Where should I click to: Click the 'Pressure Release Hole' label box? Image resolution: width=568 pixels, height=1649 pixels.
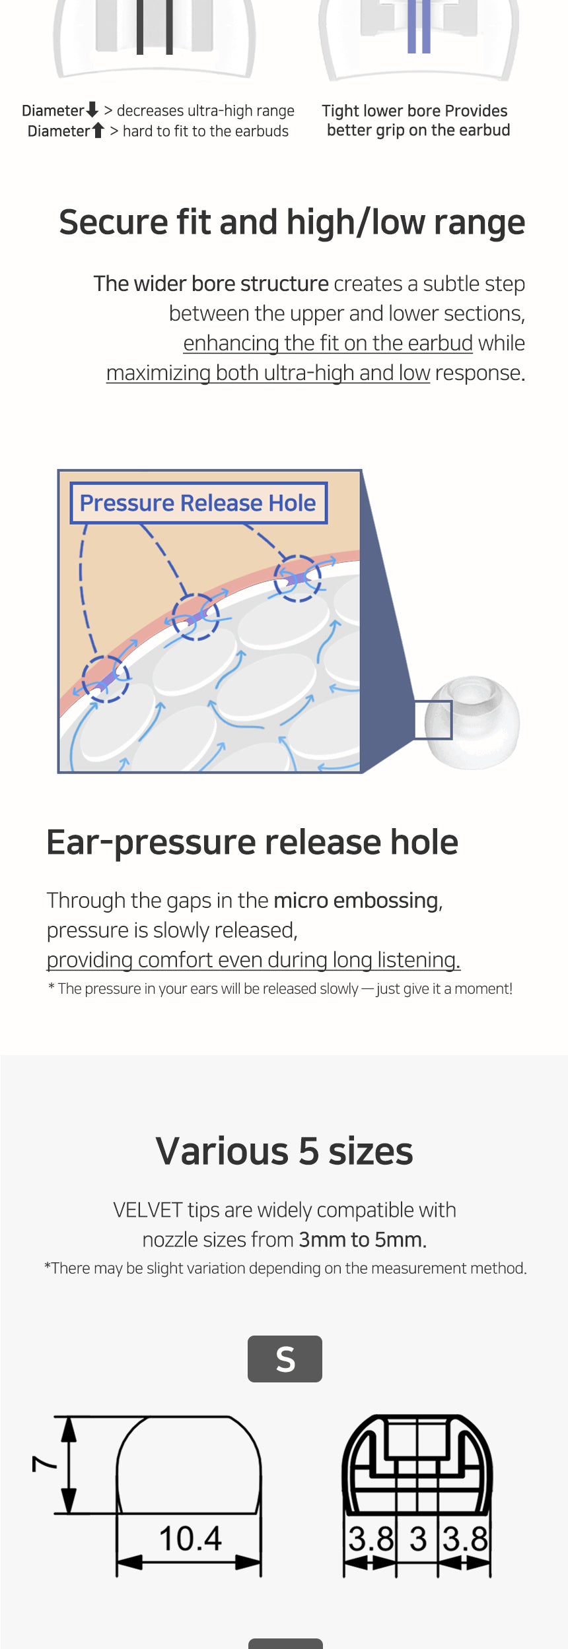pyautogui.click(x=198, y=503)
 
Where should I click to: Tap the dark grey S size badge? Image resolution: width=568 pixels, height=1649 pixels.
pyautogui.click(x=285, y=1359)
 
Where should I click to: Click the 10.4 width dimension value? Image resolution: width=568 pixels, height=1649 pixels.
pyautogui.click(x=190, y=1538)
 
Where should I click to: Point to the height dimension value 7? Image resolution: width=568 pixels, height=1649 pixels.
pyautogui.click(x=44, y=1464)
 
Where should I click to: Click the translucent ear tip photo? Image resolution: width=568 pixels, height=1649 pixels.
pyautogui.click(x=472, y=722)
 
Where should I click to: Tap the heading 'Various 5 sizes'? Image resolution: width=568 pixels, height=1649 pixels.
pyautogui.click(x=284, y=1151)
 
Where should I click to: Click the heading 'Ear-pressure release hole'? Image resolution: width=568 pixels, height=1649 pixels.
pyautogui.click(x=252, y=843)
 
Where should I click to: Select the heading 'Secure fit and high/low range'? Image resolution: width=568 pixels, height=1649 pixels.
pyautogui.click(x=292, y=222)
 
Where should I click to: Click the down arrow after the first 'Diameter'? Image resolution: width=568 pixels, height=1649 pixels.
pyautogui.click(x=92, y=110)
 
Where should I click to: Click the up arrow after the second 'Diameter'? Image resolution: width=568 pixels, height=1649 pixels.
pyautogui.click(x=98, y=130)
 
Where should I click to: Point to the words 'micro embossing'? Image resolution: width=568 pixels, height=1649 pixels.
pyautogui.click(x=356, y=900)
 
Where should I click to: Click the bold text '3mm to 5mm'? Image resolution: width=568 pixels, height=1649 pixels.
pyautogui.click(x=361, y=1239)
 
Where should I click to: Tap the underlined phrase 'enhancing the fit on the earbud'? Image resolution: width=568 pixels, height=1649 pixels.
pyautogui.click(x=328, y=343)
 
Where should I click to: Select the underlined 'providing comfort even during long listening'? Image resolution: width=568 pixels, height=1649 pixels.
pyautogui.click(x=254, y=960)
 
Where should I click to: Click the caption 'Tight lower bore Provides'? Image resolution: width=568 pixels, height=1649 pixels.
pyautogui.click(x=415, y=110)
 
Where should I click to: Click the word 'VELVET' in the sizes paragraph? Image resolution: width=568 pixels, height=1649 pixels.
pyautogui.click(x=147, y=1210)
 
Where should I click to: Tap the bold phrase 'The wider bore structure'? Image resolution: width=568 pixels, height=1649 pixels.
pyautogui.click(x=211, y=284)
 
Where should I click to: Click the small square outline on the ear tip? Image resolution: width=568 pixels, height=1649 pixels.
pyautogui.click(x=433, y=720)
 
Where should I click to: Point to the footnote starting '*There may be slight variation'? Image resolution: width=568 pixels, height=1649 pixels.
pyautogui.click(x=285, y=1268)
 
